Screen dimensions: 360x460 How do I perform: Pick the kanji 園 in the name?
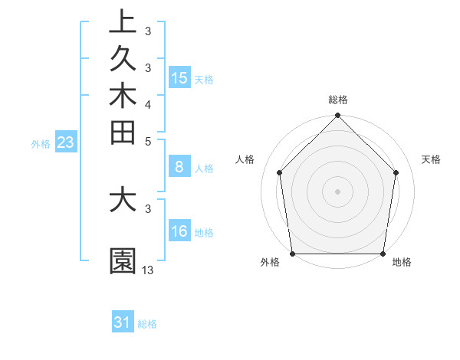pyautogui.click(x=123, y=261)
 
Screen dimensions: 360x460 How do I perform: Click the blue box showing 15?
pyautogui.click(x=179, y=78)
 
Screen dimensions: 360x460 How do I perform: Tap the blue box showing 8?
pyautogui.click(x=179, y=168)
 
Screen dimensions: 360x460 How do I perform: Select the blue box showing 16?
pyautogui.click(x=179, y=232)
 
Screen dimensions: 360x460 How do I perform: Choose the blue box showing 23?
pyautogui.click(x=66, y=142)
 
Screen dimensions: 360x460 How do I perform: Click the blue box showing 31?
pyautogui.click(x=123, y=322)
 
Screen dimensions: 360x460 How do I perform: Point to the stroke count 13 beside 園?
pyautogui.click(x=148, y=270)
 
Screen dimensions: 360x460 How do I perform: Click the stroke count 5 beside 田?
pyautogui.click(x=148, y=141)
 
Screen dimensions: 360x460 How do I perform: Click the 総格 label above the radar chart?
pyautogui.click(x=338, y=100)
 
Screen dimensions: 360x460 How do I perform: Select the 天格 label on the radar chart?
pyautogui.click(x=431, y=159)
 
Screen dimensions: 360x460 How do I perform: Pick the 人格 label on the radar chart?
pyautogui.click(x=245, y=159)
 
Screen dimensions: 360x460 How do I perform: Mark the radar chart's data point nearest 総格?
pyautogui.click(x=338, y=116)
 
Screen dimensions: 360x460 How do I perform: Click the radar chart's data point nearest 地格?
pyautogui.click(x=383, y=254)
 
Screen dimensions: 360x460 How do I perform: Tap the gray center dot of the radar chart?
pyautogui.click(x=338, y=191)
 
